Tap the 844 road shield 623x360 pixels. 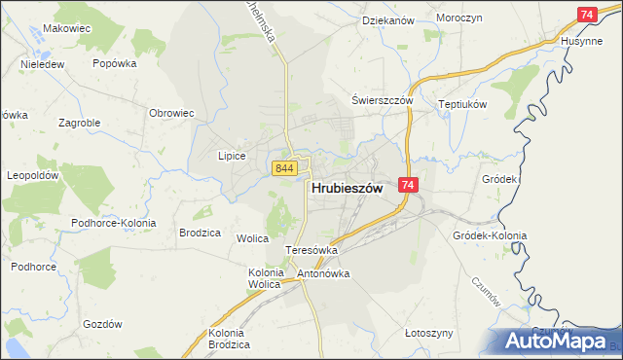pos(284,168)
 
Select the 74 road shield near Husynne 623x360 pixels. pos(587,15)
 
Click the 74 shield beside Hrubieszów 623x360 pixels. pos(408,185)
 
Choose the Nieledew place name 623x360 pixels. pos(42,65)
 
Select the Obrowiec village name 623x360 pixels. pos(171,113)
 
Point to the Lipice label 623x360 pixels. pos(231,156)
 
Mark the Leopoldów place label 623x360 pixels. pos(34,176)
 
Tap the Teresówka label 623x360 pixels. pos(311,250)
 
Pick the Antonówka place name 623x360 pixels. pos(323,273)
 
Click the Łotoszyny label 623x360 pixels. pos(428,333)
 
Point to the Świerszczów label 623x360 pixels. pos(383,101)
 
